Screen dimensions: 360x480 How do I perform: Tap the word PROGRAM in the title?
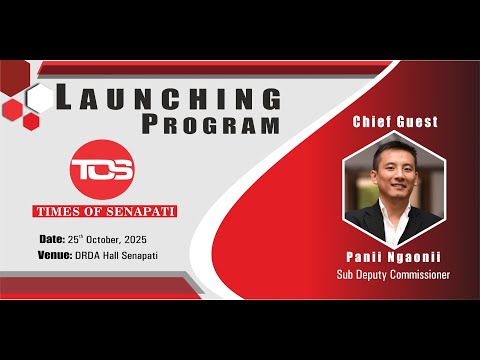210,125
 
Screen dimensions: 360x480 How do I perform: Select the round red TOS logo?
102,167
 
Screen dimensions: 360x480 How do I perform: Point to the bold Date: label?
52,241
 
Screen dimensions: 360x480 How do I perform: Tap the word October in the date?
115,241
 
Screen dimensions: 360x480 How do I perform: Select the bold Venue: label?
56,256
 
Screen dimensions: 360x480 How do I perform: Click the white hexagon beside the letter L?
40,98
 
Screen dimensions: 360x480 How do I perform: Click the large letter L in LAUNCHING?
63,97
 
